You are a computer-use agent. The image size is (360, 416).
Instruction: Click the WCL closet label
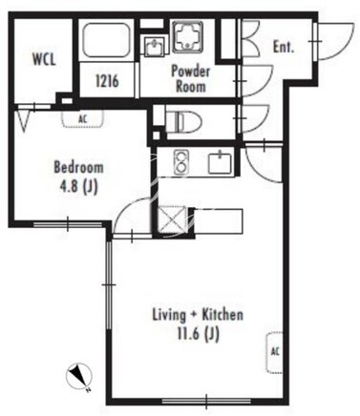pyautogui.click(x=44, y=59)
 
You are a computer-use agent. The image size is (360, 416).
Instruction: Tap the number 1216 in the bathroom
pyautogui.click(x=107, y=81)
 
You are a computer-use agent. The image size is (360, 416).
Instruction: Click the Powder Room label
pyautogui.click(x=191, y=78)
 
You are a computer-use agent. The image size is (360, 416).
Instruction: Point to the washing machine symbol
pyautogui.click(x=188, y=36)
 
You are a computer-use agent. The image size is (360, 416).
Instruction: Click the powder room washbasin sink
pyautogui.click(x=155, y=47)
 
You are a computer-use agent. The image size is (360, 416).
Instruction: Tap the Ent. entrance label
pyautogui.click(x=284, y=47)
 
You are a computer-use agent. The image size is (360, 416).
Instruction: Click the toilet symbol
pyautogui.click(x=184, y=121)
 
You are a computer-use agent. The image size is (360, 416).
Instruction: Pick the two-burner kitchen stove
pyautogui.click(x=181, y=162)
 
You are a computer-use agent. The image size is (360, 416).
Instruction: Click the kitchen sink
pyautogui.click(x=220, y=162)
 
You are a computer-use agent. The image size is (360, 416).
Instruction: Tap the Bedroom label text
pyautogui.click(x=78, y=167)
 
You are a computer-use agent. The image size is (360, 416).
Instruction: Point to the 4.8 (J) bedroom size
pyautogui.click(x=78, y=187)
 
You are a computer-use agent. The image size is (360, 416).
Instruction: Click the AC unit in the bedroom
pyautogui.click(x=83, y=118)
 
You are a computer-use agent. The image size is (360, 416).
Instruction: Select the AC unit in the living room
pyautogui.click(x=274, y=352)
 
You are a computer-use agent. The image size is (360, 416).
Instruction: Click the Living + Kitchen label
pyautogui.click(x=198, y=315)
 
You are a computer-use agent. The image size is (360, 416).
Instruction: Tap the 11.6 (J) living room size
pyautogui.click(x=198, y=334)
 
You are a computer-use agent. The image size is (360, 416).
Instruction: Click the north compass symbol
pyautogui.click(x=79, y=377)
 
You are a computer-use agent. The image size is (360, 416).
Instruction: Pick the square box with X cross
pyautogui.click(x=172, y=219)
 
